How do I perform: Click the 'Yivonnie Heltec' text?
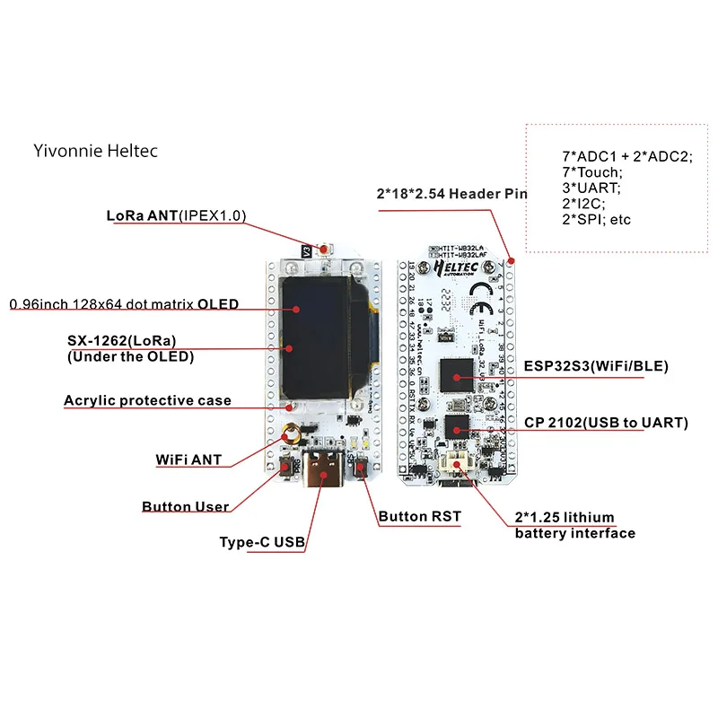point(95,151)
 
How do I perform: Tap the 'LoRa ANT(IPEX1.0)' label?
point(176,215)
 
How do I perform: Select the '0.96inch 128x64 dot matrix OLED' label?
point(124,304)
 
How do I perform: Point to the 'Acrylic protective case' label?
point(147,400)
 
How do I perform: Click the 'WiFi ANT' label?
point(188,460)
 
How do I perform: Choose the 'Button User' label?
point(185,507)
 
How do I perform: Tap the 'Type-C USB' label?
point(262,542)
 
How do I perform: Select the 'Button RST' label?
point(419,516)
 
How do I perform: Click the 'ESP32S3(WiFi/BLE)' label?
point(596,366)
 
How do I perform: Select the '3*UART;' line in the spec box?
point(591,188)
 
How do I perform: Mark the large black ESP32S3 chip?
point(456,375)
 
